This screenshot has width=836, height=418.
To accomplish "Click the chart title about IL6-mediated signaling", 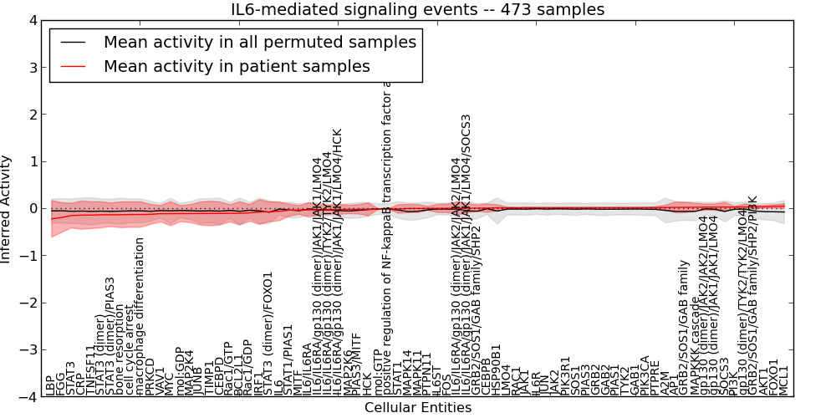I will tap(417, 9).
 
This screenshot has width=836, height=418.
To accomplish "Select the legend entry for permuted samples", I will tap(259, 42).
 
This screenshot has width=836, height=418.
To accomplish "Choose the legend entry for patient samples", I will tap(237, 66).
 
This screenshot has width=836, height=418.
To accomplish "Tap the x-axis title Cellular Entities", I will tap(417, 408).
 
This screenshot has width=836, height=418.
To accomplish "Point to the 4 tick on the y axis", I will tap(33, 19).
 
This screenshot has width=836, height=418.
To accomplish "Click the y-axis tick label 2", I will tap(33, 114).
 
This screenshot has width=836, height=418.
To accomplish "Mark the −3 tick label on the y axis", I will tap(29, 350).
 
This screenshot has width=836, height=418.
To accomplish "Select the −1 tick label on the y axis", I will tap(29, 256).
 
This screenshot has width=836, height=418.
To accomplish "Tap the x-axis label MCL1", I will tap(784, 380).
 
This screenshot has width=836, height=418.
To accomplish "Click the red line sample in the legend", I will tap(72, 66).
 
